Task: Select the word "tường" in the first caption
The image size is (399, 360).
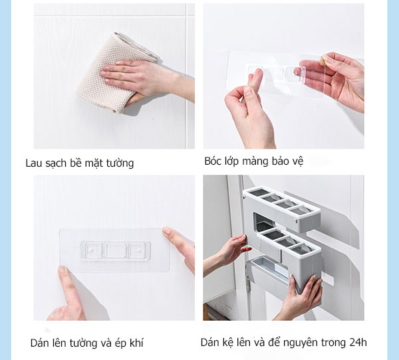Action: point(119,163)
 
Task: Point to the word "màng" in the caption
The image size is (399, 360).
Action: point(257,161)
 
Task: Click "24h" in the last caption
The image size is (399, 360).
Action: point(356,343)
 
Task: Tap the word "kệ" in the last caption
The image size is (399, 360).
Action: point(231,343)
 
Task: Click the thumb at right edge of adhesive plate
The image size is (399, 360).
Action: point(176,242)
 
